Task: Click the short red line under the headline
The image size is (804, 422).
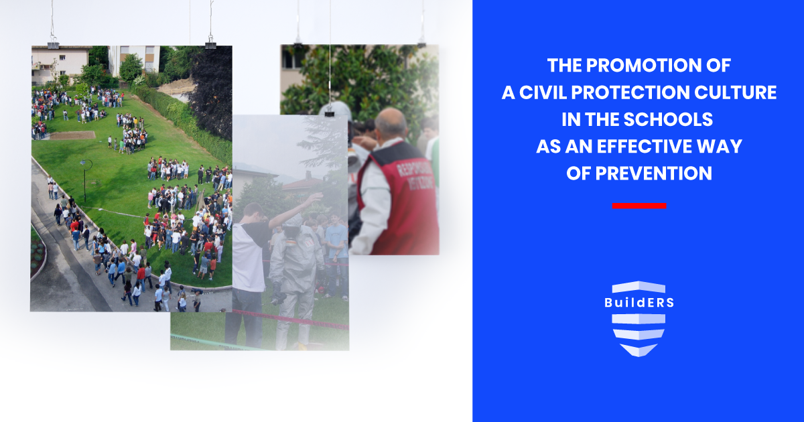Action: tap(639, 206)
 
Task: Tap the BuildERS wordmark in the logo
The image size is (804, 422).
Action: tap(639, 302)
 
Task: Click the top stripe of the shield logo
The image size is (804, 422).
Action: tap(639, 287)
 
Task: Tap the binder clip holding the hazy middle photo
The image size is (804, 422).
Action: tap(329, 111)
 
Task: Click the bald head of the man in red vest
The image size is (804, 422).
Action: tap(390, 123)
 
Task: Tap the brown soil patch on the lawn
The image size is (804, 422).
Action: tap(73, 135)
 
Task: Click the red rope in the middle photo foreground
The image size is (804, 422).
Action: tap(295, 318)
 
